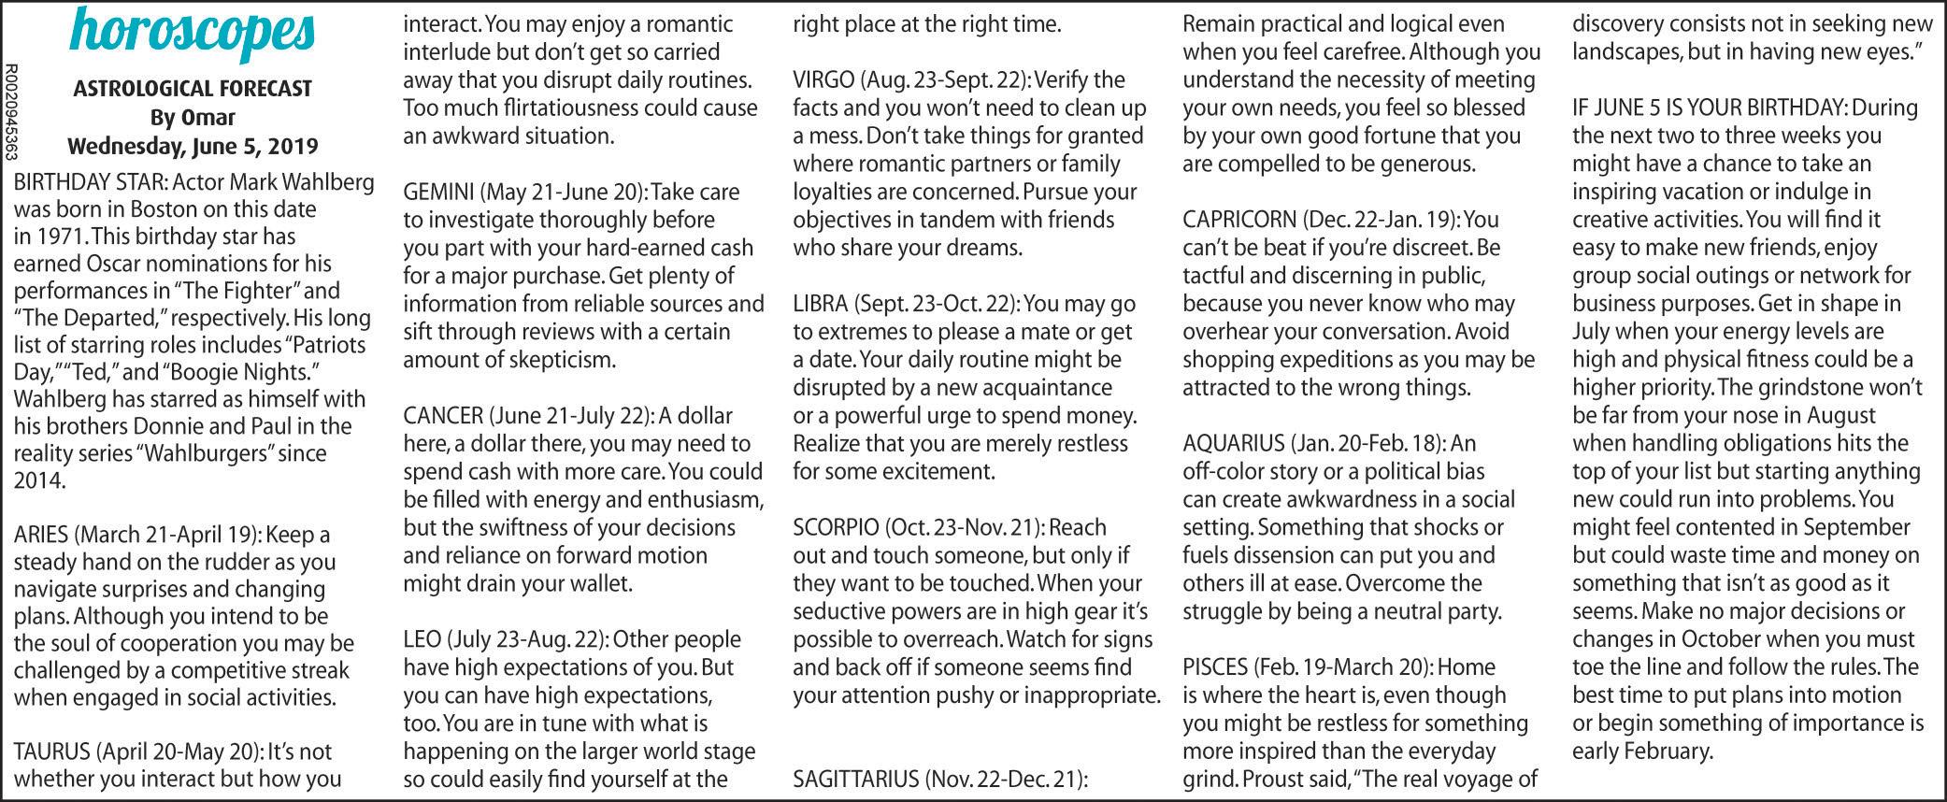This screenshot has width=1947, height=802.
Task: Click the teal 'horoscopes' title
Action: (193, 32)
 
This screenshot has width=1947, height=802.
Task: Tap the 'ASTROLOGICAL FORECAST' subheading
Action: (193, 89)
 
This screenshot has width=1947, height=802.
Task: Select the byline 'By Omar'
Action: (193, 118)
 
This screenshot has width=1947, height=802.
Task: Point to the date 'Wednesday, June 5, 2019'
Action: (193, 147)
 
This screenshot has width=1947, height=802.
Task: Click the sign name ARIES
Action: (40, 536)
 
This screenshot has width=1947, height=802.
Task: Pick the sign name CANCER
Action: (443, 416)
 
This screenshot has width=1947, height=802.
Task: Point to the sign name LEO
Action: (422, 640)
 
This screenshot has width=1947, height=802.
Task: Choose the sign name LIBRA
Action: (819, 305)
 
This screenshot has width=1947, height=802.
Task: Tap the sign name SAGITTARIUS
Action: (855, 779)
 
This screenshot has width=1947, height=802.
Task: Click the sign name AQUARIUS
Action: (1233, 444)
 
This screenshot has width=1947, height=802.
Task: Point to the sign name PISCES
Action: (1214, 667)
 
